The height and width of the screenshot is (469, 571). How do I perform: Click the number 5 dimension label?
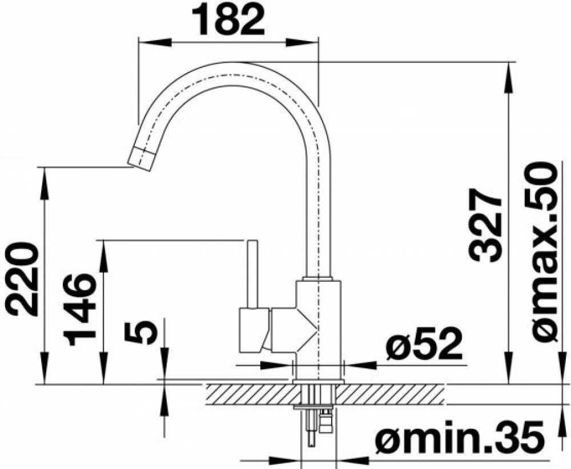pyautogui.click(x=141, y=332)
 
